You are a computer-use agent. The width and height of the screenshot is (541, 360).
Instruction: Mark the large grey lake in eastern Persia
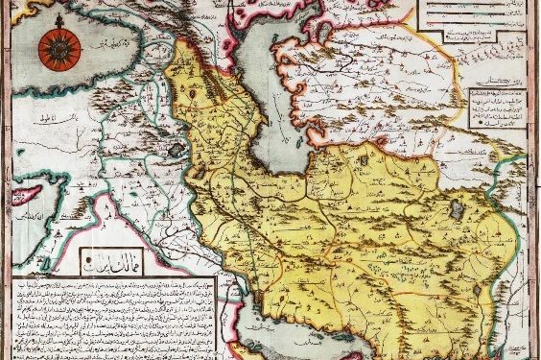pos(459,208)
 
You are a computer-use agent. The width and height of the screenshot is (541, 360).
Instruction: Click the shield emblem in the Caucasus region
pos(197,96)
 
